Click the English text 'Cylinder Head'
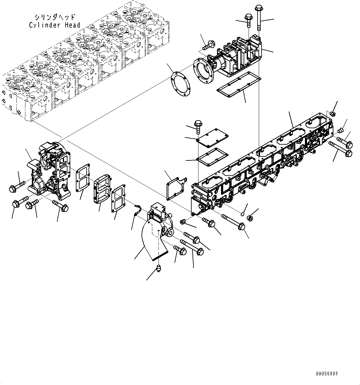(x=54, y=25)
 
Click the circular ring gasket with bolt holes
(x=180, y=83)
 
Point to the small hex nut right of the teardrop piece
(x=251, y=218)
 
